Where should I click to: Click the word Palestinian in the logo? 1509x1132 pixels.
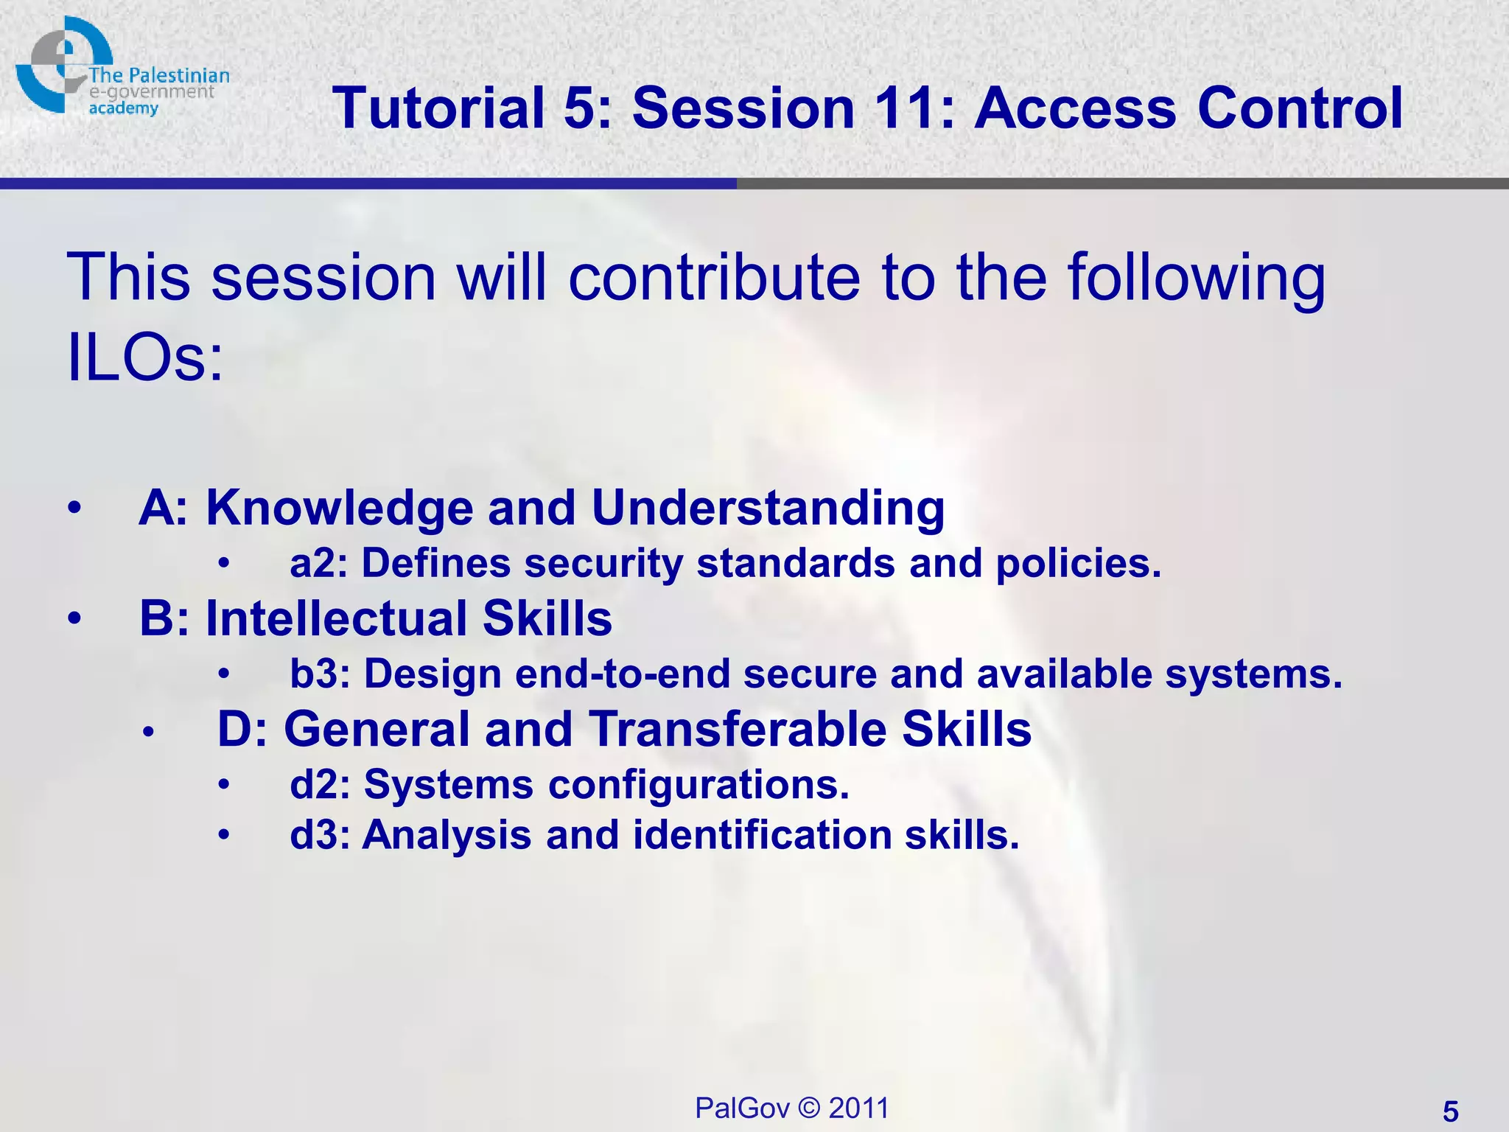click(179, 76)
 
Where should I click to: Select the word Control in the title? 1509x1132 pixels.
click(1300, 108)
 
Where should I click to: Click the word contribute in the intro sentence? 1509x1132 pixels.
click(714, 278)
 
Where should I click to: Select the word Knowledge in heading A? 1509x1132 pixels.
click(339, 509)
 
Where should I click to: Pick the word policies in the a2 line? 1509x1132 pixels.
click(1078, 564)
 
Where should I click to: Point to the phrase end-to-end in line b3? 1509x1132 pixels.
click(623, 674)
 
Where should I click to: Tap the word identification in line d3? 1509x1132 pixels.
click(763, 836)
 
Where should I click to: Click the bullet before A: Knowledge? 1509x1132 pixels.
click(74, 509)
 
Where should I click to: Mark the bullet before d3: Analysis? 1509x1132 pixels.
click(224, 836)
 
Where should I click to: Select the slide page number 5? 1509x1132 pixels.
click(1450, 1111)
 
